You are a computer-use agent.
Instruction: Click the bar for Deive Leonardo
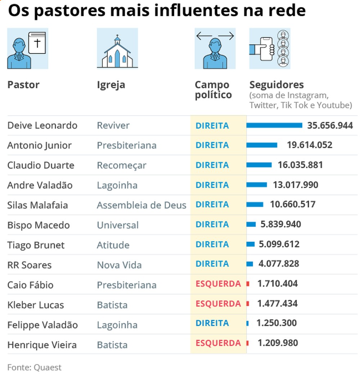(274, 125)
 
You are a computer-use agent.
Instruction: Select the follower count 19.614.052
(310, 145)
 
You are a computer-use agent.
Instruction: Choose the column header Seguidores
(276, 85)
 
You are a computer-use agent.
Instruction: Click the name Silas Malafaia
(38, 205)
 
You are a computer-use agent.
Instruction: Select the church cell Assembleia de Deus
(141, 205)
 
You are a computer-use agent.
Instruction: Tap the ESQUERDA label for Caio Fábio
(218, 284)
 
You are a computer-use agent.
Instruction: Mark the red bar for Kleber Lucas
(248, 304)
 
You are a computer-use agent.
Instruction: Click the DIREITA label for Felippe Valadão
(212, 323)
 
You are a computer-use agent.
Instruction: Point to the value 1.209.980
(278, 343)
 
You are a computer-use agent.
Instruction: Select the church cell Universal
(118, 225)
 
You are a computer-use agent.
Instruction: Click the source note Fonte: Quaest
(35, 367)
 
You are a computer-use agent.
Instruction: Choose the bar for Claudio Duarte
(259, 165)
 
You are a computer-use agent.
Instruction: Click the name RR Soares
(30, 265)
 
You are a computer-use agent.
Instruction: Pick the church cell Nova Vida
(119, 265)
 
